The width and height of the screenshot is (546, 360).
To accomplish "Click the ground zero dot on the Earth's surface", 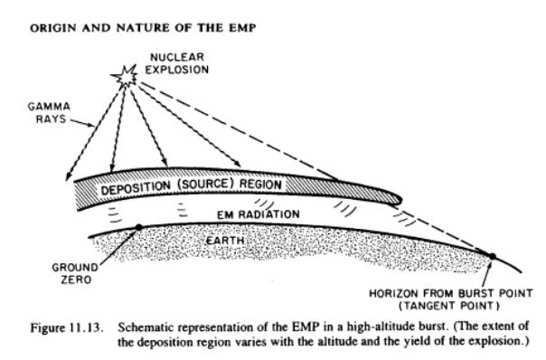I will (137, 227).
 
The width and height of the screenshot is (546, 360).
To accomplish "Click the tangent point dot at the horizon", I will (492, 257).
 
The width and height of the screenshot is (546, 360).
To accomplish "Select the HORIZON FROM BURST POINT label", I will (453, 292).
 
